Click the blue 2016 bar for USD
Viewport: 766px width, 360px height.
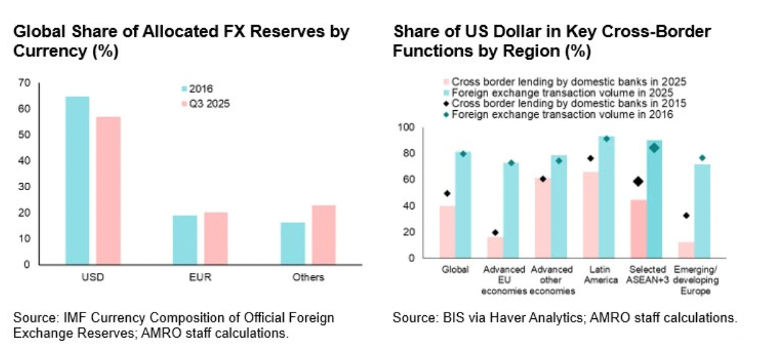pyautogui.click(x=77, y=180)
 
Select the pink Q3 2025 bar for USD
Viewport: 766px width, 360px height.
pyautogui.click(x=108, y=190)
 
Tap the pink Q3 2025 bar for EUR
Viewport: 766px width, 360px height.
pyautogui.click(x=215, y=238)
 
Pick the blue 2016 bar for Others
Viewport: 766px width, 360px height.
pyautogui.click(x=292, y=243)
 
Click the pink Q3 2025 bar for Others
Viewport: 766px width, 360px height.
pyautogui.click(x=323, y=234)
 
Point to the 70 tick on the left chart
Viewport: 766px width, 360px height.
pyautogui.click(x=25, y=83)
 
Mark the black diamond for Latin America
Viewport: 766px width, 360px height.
pyautogui.click(x=591, y=158)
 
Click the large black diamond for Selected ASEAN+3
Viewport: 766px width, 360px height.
pyautogui.click(x=638, y=181)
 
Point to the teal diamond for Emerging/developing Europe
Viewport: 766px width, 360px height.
pyautogui.click(x=702, y=158)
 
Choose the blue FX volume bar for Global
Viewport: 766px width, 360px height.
pyautogui.click(x=464, y=205)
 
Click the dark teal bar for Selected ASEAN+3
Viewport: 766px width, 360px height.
pyautogui.click(x=654, y=199)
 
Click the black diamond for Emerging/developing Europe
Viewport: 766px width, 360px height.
pyautogui.click(x=686, y=215)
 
